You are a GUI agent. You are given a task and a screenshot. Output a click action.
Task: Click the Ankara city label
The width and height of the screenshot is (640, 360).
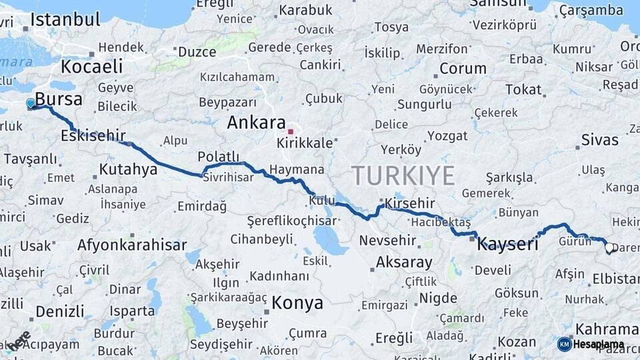(x=256, y=123)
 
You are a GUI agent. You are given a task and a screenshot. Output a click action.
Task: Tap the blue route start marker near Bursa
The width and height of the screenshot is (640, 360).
(x=31, y=104)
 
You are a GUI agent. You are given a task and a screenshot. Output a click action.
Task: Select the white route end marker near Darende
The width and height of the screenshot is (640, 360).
(x=609, y=248)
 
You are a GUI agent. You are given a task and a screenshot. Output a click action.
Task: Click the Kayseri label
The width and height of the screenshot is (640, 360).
(x=507, y=243)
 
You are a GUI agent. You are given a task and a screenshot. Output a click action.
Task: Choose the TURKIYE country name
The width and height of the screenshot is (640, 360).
(x=403, y=175)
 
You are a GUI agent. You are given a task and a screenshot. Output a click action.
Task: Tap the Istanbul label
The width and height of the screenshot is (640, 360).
(x=65, y=19)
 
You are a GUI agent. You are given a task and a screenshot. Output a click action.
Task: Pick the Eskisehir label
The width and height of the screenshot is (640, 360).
(x=92, y=135)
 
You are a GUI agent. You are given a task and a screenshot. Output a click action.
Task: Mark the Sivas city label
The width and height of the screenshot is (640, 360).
(x=599, y=140)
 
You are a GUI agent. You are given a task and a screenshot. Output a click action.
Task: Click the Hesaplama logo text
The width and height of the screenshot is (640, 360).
(x=599, y=345)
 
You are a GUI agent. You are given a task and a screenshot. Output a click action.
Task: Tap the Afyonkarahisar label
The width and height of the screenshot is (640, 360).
(x=132, y=245)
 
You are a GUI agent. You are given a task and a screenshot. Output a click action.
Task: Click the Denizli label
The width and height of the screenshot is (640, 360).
(x=59, y=311)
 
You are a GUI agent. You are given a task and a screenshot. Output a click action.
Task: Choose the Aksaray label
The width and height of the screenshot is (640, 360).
(x=403, y=262)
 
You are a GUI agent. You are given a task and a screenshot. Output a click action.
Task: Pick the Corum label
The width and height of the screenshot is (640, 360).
(x=463, y=69)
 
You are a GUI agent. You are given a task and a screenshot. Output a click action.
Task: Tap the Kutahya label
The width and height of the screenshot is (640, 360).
(x=128, y=169)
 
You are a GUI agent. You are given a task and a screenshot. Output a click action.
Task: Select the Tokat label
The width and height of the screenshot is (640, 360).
(x=523, y=89)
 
